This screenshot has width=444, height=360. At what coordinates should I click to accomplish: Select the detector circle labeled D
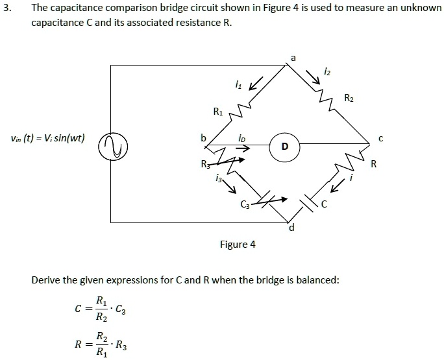(x=284, y=146)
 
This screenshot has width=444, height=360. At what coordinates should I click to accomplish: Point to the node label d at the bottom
(x=291, y=229)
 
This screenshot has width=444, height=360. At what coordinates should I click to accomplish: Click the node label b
(x=203, y=138)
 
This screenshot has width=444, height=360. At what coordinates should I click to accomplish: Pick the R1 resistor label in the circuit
(x=218, y=111)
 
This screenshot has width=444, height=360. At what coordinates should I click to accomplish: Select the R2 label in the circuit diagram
(x=349, y=99)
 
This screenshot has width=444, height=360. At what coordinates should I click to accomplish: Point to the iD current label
(x=241, y=138)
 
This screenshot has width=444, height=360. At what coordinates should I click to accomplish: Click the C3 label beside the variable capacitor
(x=245, y=207)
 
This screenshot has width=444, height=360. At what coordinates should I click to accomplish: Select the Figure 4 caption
(x=238, y=245)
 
